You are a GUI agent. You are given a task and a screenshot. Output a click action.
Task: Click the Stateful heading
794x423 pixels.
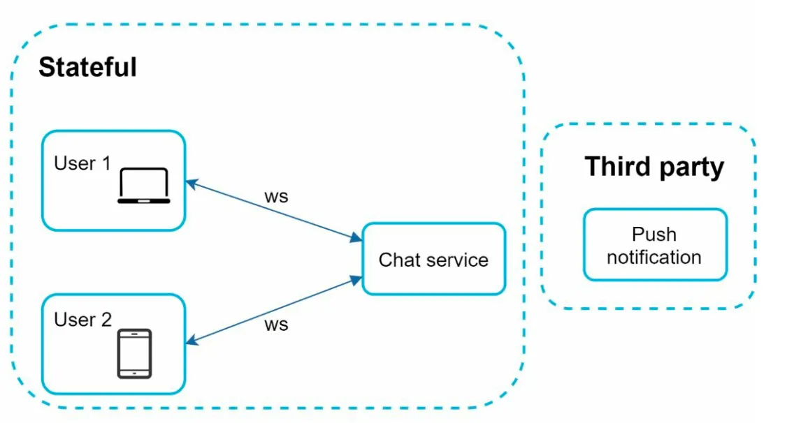click(87, 67)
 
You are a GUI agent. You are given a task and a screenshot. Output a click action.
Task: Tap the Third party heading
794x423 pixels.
click(654, 167)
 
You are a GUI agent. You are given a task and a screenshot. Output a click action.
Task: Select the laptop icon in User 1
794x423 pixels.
click(144, 186)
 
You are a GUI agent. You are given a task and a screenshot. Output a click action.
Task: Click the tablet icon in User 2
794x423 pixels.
click(134, 354)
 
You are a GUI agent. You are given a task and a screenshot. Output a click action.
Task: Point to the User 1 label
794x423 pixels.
click(82, 163)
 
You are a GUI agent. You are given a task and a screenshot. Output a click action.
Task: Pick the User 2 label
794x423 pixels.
click(82, 320)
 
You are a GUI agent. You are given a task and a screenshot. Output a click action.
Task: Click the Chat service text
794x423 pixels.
click(433, 260)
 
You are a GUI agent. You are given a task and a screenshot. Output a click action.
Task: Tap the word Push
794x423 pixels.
click(654, 235)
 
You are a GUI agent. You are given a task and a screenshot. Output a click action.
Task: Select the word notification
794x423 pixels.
click(654, 257)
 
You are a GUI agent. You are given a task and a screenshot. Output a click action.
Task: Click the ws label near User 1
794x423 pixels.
click(277, 196)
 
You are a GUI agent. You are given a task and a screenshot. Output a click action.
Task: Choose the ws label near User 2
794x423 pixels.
click(277, 325)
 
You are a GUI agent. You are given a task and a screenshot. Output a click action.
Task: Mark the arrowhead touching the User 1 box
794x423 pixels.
click(192, 184)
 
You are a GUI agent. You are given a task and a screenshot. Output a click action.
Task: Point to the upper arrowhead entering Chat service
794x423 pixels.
click(356, 237)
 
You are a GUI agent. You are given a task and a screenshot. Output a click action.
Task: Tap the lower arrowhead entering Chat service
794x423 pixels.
click(356, 280)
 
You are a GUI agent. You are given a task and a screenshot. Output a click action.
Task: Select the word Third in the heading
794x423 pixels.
click(619, 166)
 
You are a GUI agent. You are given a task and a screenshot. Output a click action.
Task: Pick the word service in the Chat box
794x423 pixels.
click(458, 260)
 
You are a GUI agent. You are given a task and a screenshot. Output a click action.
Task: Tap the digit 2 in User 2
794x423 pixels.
click(106, 320)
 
